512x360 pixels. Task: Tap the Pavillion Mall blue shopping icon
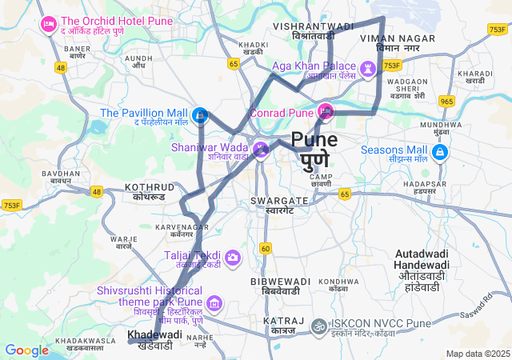pyautogui.click(x=201, y=115)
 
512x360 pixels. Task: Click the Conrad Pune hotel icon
pyautogui.click(x=326, y=110)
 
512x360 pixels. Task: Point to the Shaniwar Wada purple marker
pyautogui.click(x=261, y=150)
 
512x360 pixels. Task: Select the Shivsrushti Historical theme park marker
pyautogui.click(x=214, y=303)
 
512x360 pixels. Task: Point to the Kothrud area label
pyautogui.click(x=149, y=191)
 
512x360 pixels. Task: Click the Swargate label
pyautogui.click(x=279, y=205)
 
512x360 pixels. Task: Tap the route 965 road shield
pyautogui.click(x=446, y=101)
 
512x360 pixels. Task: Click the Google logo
pyautogui.click(x=27, y=350)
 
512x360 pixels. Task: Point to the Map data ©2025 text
pyautogui.click(x=477, y=354)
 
